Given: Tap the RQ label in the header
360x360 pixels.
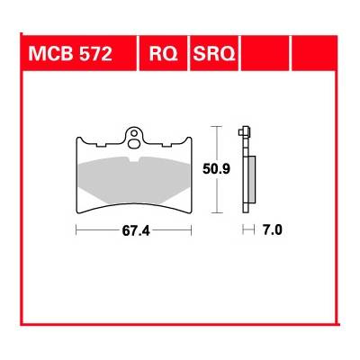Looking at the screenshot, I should pos(163,56).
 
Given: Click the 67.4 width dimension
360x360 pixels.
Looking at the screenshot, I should pos(134,231).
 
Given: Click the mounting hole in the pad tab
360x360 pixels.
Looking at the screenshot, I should pos(135,138).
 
